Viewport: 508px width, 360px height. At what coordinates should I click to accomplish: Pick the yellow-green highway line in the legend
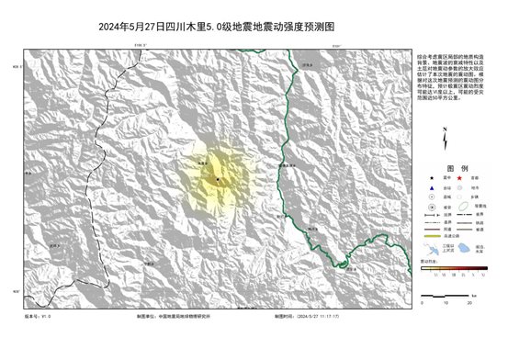432,236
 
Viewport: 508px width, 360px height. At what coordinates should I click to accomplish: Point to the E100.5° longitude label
141,44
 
